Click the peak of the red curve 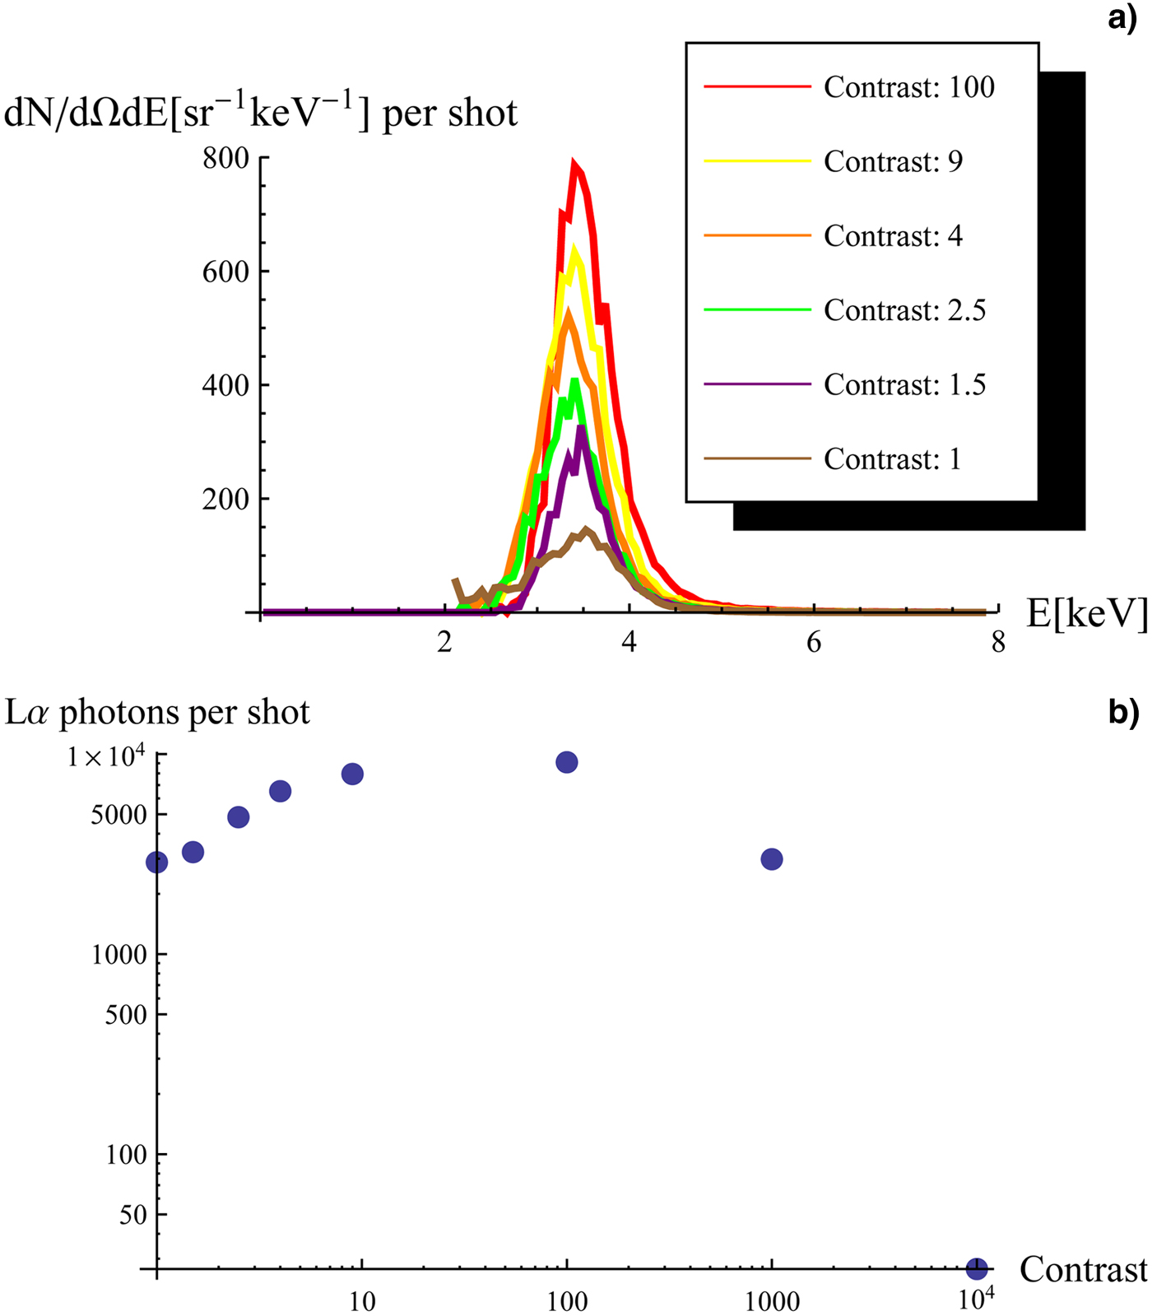575,164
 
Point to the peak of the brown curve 586,530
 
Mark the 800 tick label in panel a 225,158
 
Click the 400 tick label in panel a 225,385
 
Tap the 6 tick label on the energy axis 814,643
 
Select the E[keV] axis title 1086,613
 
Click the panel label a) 1122,17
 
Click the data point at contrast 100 566,762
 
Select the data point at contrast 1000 772,859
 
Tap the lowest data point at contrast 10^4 977,1268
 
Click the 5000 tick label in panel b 118,815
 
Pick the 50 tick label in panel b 132,1215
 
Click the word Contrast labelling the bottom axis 1083,1270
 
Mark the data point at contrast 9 352,774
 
